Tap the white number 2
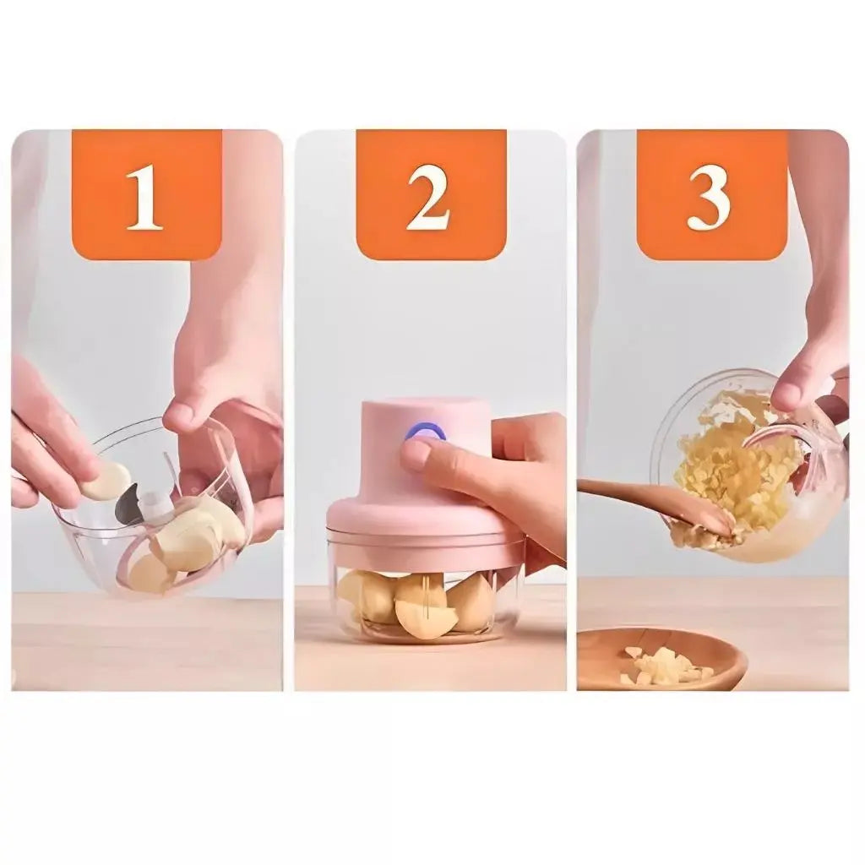[427, 197]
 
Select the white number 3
[710, 197]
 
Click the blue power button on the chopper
[425, 431]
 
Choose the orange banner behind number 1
[147, 194]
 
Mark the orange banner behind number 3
[711, 194]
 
